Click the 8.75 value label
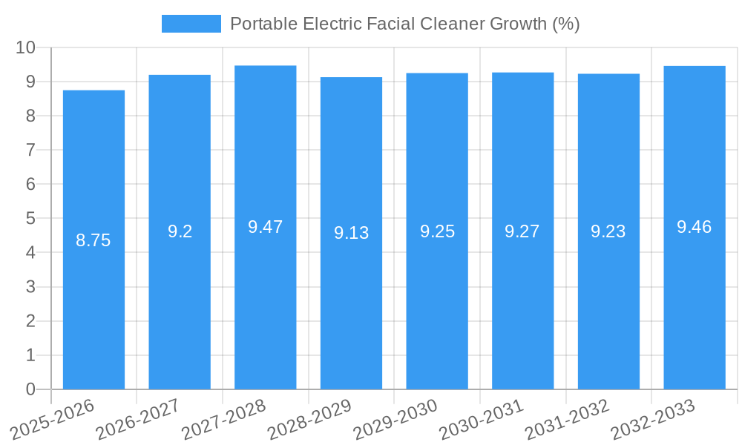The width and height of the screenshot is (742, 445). pos(93,240)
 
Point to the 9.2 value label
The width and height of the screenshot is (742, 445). pos(180,231)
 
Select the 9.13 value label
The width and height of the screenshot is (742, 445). pos(351,233)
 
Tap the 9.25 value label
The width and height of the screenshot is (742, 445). pos(437,231)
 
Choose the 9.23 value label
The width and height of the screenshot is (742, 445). pos(608,231)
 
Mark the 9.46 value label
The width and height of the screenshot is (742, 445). pos(695,227)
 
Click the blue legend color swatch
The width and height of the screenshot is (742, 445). pos(191,24)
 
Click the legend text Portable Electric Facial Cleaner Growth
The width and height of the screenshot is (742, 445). pos(404,24)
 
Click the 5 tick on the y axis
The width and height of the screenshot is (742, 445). pos(30,219)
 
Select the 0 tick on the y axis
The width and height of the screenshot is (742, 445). pos(30,389)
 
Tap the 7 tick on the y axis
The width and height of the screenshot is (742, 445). pos(30,150)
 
